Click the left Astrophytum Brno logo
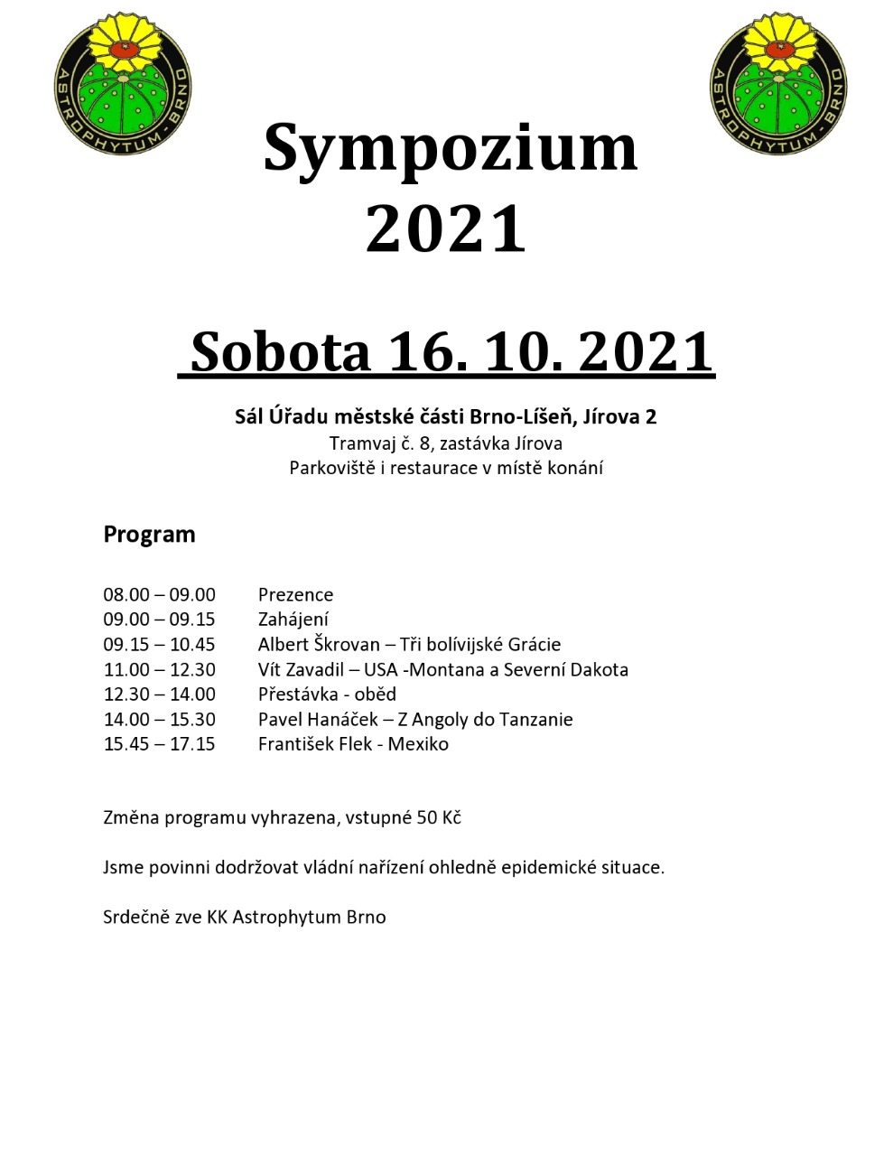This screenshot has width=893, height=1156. [123, 82]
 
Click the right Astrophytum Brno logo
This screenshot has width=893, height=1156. [778, 82]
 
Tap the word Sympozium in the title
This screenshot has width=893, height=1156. [450, 147]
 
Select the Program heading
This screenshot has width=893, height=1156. [149, 534]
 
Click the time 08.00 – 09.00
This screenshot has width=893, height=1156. [159, 594]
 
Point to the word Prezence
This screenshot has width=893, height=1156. [295, 594]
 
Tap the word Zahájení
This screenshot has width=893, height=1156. [293, 620]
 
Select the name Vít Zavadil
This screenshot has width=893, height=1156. [302, 669]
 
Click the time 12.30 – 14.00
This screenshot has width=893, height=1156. [159, 694]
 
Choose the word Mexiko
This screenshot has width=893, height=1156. [418, 743]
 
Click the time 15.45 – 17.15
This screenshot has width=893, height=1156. [159, 743]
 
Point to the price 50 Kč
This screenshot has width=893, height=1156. [439, 817]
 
